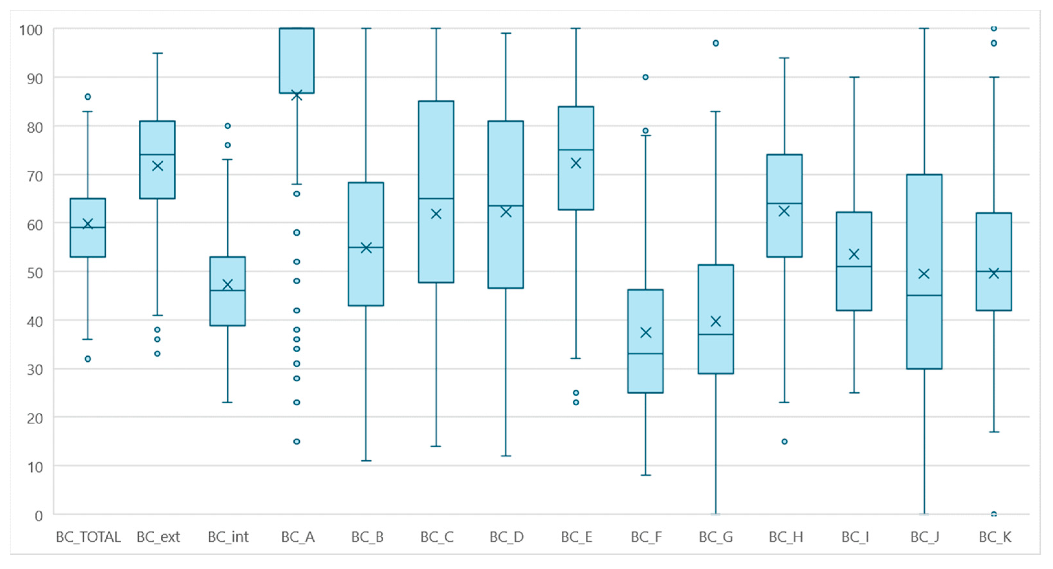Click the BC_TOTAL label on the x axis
pyautogui.click(x=88, y=537)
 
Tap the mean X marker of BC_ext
pyautogui.click(x=157, y=166)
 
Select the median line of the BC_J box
pyautogui.click(x=924, y=295)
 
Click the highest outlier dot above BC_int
pyautogui.click(x=228, y=126)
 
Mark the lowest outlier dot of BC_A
pyautogui.click(x=297, y=442)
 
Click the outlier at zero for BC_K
pyautogui.click(x=994, y=514)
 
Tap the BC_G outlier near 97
pyautogui.click(x=716, y=43)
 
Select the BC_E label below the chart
pyautogui.click(x=576, y=537)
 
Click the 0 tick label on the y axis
pyautogui.click(x=39, y=516)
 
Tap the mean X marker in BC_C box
pyautogui.click(x=436, y=214)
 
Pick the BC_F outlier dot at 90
pyautogui.click(x=646, y=77)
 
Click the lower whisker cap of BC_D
pyautogui.click(x=506, y=456)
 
